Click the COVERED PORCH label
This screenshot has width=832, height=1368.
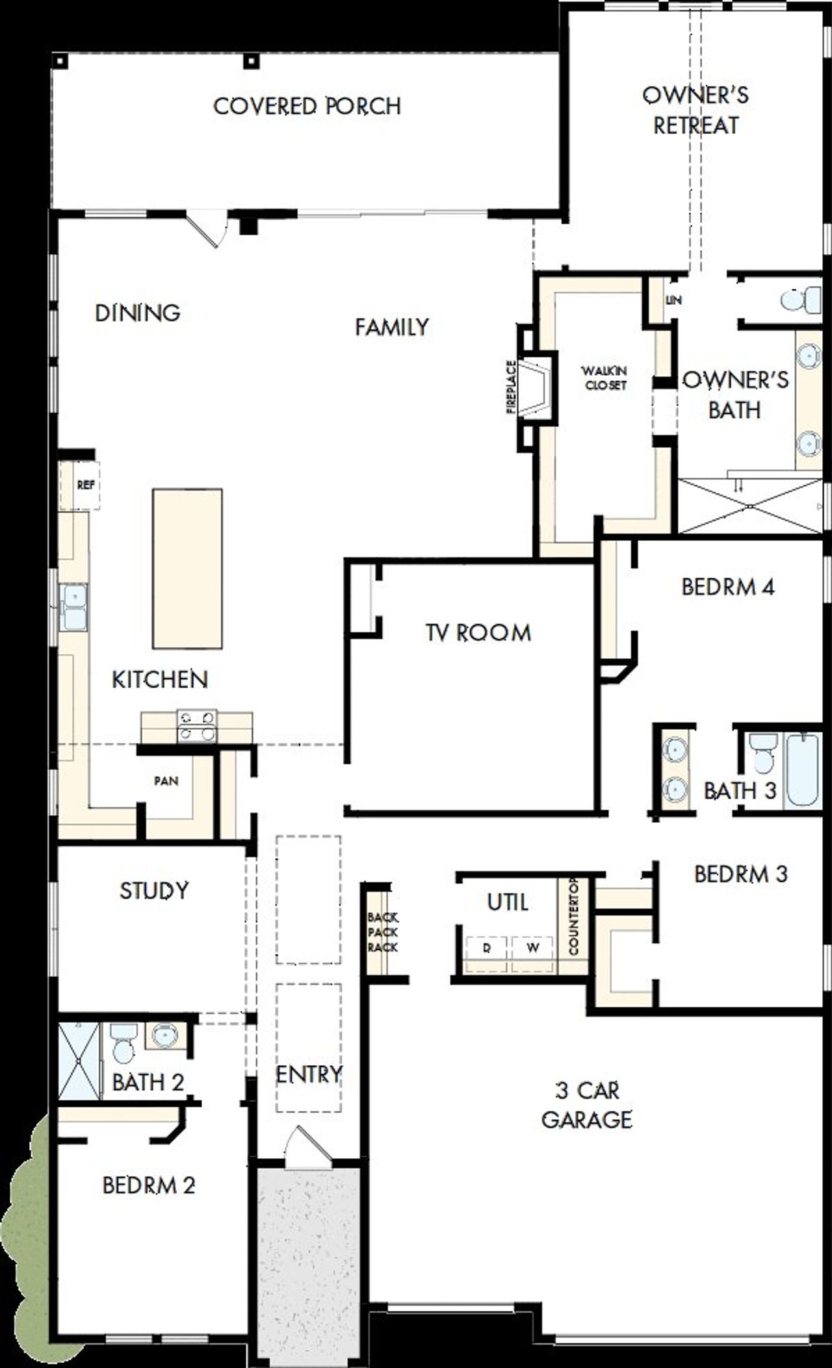pos(307,106)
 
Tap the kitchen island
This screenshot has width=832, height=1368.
pos(187,569)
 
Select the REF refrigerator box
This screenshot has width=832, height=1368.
pos(86,485)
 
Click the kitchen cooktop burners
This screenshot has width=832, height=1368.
pos(197,726)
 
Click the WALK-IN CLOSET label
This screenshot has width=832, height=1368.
pos(604,378)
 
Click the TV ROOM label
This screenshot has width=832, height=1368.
pos(478,632)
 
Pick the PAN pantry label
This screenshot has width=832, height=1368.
pos(166,781)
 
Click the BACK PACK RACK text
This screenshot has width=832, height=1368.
pos(382,932)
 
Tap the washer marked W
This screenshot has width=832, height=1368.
pos(533,948)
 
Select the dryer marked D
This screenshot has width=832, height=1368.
pos(487,948)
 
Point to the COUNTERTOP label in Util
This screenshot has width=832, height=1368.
pos(573,916)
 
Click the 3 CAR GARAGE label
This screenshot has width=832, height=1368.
pos(586,1105)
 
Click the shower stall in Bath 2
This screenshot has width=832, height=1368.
pos(79,1061)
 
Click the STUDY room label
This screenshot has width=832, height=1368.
pos(154,890)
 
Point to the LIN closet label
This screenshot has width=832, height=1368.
pos(673,301)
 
